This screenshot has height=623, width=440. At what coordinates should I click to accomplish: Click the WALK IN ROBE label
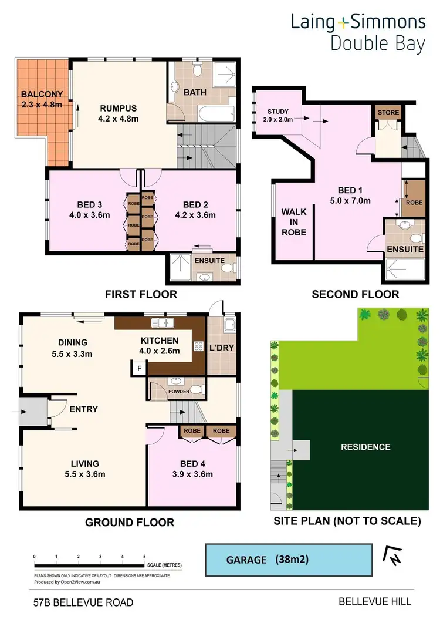tap(294, 221)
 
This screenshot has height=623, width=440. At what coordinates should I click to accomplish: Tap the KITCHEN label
tap(159, 341)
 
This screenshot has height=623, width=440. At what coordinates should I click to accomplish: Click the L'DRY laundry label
tap(222, 348)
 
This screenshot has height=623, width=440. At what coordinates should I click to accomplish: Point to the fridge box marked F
tap(139, 369)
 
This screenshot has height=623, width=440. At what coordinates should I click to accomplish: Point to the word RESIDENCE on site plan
tap(365, 447)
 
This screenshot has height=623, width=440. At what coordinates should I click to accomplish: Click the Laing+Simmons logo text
tap(358, 22)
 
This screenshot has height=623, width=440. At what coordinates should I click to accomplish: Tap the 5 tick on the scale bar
tap(144, 556)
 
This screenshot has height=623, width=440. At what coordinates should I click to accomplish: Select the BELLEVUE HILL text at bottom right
tap(375, 601)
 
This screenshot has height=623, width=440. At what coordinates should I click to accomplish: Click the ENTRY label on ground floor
tap(83, 409)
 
